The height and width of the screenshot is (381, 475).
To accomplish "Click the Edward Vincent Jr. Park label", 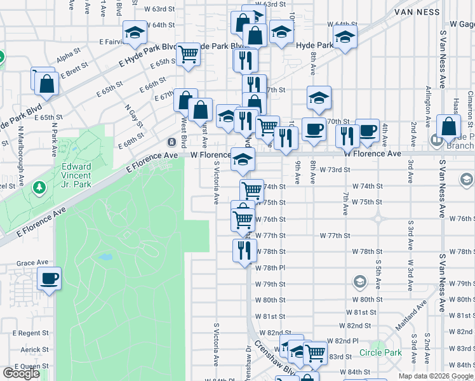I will click(x=76, y=175).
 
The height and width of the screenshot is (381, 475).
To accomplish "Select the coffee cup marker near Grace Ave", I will click(x=49, y=278).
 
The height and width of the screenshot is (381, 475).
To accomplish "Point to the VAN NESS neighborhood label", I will click(x=417, y=11).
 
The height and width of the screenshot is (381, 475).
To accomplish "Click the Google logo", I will click(x=21, y=373).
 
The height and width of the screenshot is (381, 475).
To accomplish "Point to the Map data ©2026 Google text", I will click(x=435, y=376).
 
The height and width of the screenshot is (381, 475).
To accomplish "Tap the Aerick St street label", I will click(x=34, y=350).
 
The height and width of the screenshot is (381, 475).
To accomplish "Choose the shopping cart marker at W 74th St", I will click(x=252, y=189).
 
